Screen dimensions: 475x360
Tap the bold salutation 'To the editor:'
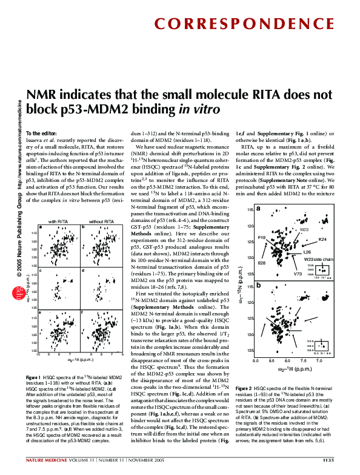tap(42, 133)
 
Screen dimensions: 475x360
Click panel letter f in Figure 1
tap(82, 311)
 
